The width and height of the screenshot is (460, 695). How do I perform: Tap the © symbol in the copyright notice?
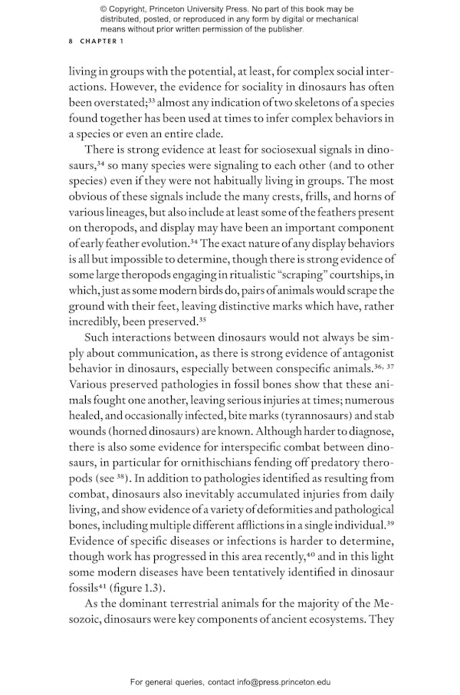tap(103, 8)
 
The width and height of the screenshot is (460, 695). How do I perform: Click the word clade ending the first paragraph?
tap(215, 133)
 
